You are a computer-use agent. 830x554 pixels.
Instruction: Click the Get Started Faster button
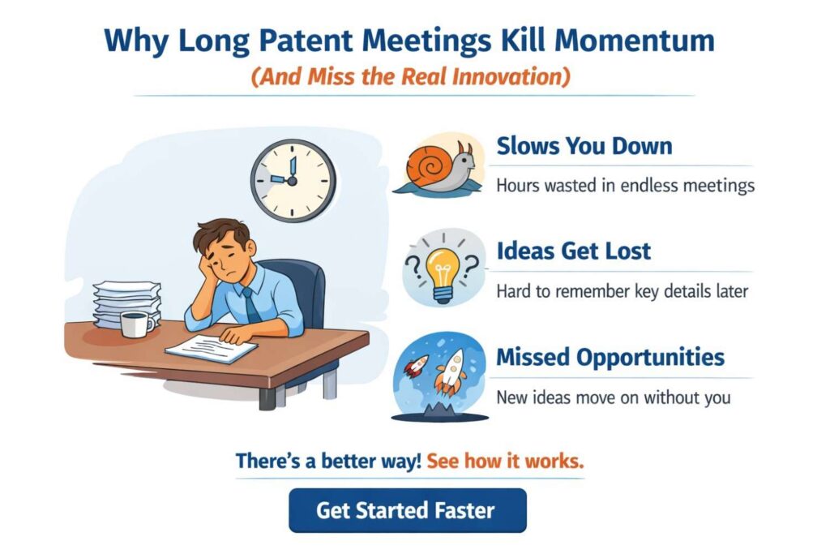click(407, 510)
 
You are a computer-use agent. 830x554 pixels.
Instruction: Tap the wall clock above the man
click(292, 179)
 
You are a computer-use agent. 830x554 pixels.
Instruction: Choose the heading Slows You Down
click(584, 147)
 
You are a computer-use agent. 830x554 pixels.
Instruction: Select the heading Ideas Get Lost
click(573, 251)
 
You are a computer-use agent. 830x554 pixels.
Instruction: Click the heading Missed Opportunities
click(610, 357)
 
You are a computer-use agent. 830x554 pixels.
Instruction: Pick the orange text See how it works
click(505, 462)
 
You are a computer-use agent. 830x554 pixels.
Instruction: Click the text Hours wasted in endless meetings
click(625, 186)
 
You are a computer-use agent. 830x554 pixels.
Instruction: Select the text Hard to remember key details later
click(621, 291)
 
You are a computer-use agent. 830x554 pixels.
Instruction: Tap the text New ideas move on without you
click(613, 397)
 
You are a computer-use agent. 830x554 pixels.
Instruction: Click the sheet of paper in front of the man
click(212, 349)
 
